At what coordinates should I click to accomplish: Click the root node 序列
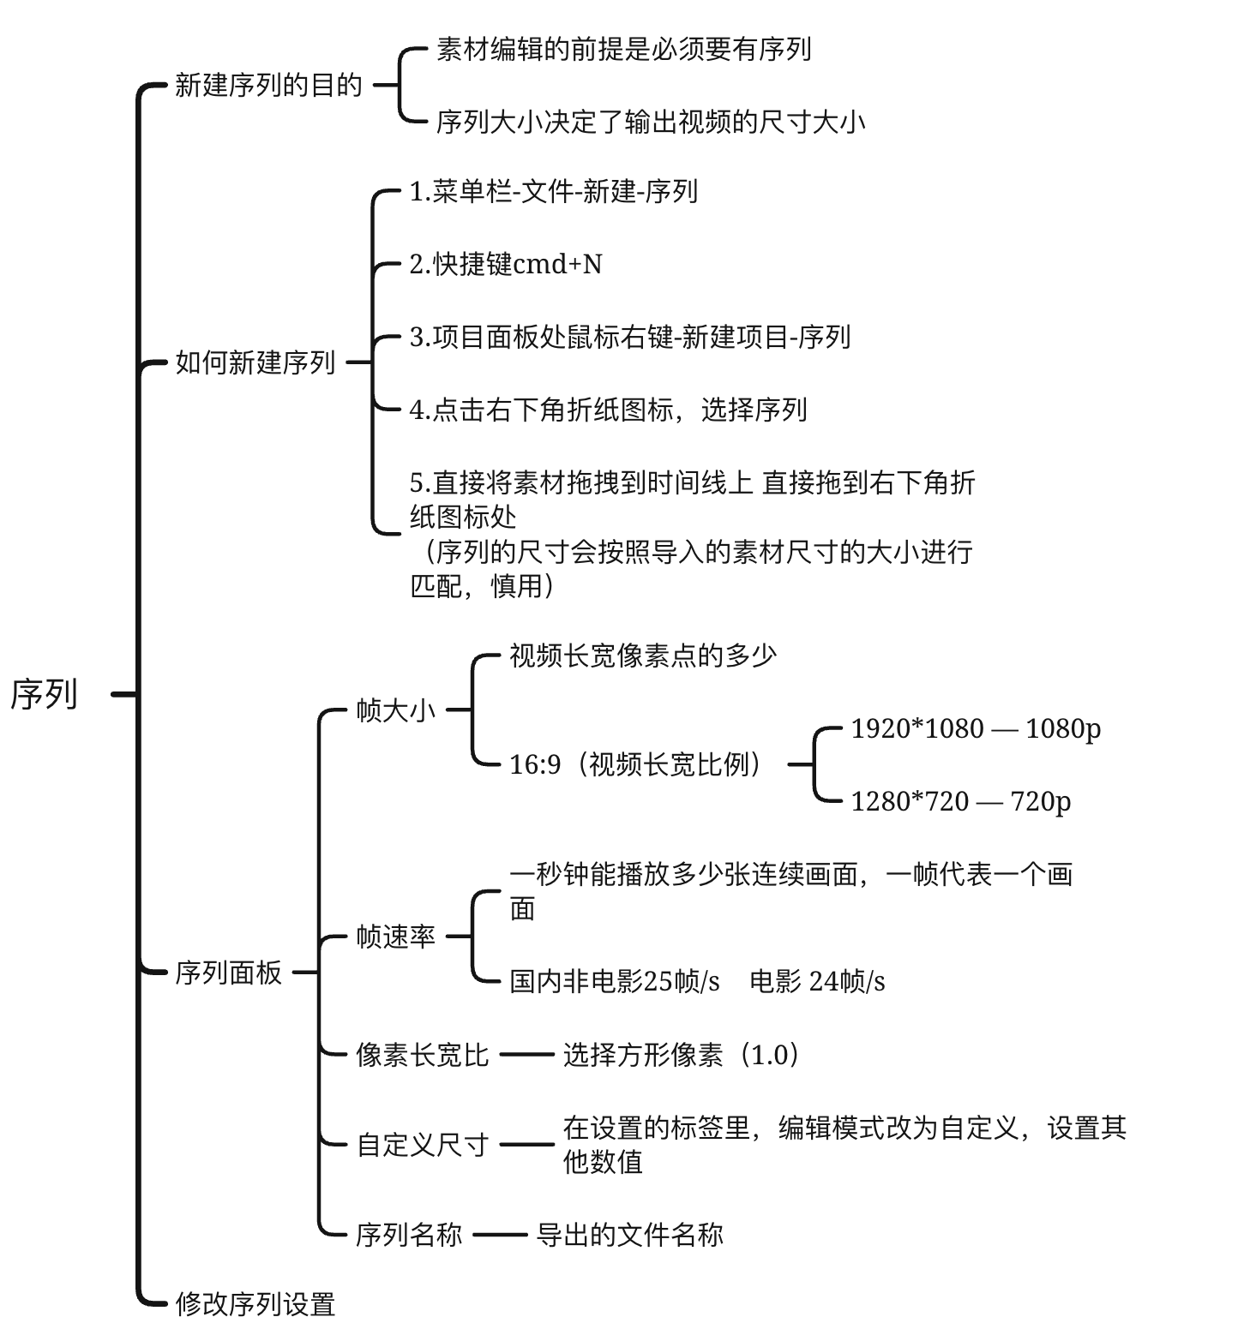click(x=44, y=694)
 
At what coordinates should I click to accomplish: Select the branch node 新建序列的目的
click(x=268, y=86)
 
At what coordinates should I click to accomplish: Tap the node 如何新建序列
click(x=255, y=362)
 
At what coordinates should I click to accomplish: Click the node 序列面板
click(x=228, y=973)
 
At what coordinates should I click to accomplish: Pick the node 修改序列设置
click(x=255, y=1304)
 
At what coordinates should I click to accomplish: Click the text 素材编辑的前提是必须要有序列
click(x=624, y=50)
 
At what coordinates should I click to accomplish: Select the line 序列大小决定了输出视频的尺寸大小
click(x=651, y=123)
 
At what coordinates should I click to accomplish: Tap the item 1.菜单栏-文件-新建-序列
click(x=554, y=191)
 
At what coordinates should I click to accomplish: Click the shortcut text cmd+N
click(x=557, y=264)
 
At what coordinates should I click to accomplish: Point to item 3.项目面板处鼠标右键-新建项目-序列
click(x=630, y=337)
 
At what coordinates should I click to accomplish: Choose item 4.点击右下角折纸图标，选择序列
click(x=609, y=410)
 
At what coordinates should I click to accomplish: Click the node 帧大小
click(x=396, y=710)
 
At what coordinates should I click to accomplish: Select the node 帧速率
click(x=396, y=937)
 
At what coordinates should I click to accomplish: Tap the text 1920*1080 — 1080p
click(x=976, y=728)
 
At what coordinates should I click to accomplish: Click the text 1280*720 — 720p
click(x=961, y=801)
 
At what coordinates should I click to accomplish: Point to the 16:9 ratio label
click(x=535, y=764)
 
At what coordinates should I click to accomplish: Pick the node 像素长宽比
click(x=423, y=1054)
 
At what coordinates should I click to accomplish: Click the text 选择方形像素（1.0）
click(x=682, y=1054)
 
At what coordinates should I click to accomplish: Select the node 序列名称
click(x=410, y=1235)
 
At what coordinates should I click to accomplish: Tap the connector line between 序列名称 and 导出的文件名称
click(x=500, y=1235)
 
